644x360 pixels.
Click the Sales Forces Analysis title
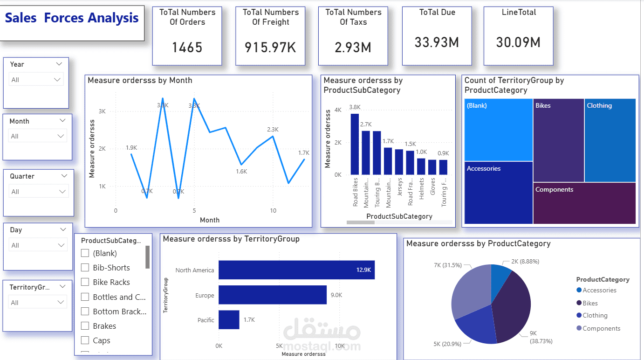pyautogui.click(x=72, y=18)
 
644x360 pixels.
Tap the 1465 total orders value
pyautogui.click(x=187, y=47)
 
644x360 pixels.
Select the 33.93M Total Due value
pyautogui.click(x=437, y=42)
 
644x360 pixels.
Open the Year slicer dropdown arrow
pyautogui.click(x=59, y=64)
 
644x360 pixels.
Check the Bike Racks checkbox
pyautogui.click(x=85, y=282)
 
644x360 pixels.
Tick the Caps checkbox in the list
pyautogui.click(x=85, y=340)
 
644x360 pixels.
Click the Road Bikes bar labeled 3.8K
pyautogui.click(x=355, y=144)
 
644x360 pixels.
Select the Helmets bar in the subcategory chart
pyautogui.click(x=421, y=166)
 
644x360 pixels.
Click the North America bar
pyautogui.click(x=296, y=270)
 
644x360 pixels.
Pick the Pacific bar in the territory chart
pyautogui.click(x=229, y=320)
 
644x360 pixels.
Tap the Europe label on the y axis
pyautogui.click(x=205, y=295)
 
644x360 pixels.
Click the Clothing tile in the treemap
pyautogui.click(x=610, y=140)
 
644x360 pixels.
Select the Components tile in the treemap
pyautogui.click(x=584, y=203)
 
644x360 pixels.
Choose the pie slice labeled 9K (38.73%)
pyautogui.click(x=513, y=308)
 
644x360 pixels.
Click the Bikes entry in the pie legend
pyautogui.click(x=590, y=303)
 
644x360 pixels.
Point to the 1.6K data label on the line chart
pyautogui.click(x=241, y=171)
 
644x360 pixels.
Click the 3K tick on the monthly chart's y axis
pyautogui.click(x=102, y=111)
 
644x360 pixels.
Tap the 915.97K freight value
pyautogui.click(x=270, y=47)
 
